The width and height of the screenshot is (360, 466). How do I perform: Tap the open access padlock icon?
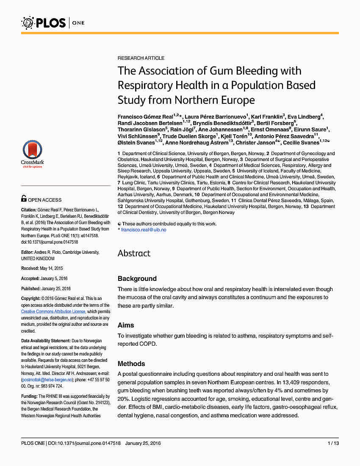tap(24, 198)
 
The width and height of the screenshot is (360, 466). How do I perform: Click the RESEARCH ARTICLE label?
tap(141, 58)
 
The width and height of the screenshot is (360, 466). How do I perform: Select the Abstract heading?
tap(134, 253)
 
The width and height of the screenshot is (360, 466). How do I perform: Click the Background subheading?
tap(137, 278)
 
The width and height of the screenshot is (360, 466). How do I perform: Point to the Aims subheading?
tap(126, 325)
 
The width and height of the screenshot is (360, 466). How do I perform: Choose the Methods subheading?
tap(131, 363)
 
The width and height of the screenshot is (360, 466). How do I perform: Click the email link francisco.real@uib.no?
tap(144, 230)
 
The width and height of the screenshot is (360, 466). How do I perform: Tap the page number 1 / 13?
tap(333, 443)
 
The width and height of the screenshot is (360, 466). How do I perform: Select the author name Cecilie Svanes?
tap(301, 142)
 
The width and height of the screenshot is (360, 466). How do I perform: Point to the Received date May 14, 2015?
tap(50, 268)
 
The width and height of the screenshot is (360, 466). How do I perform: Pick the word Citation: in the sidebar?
tap(29, 210)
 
